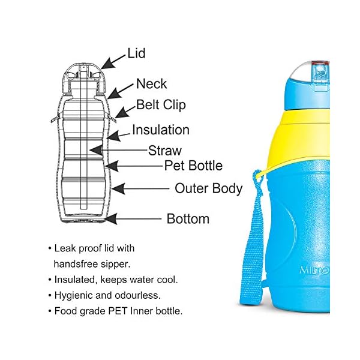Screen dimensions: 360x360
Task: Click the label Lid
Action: (x=136, y=53)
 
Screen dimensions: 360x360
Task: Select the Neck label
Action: (x=151, y=83)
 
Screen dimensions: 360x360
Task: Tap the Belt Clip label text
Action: (x=161, y=105)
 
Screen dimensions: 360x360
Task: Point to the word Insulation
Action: (x=160, y=130)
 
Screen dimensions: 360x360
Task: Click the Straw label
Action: (x=164, y=151)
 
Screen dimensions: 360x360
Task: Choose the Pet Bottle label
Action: (x=193, y=165)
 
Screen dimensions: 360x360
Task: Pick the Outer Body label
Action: (x=208, y=188)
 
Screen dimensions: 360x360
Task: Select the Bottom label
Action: (x=188, y=218)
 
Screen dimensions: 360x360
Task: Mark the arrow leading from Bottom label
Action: (x=133, y=219)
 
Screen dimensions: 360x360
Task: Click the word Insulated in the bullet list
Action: (x=75, y=279)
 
